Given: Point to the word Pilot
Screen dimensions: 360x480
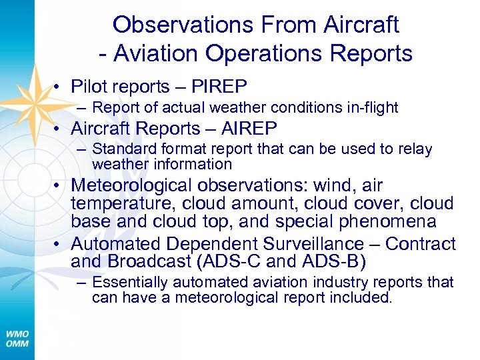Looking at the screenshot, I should (93, 87).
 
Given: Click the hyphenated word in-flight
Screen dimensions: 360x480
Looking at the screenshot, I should (373, 107).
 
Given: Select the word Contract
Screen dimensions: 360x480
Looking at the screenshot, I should (420, 244).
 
